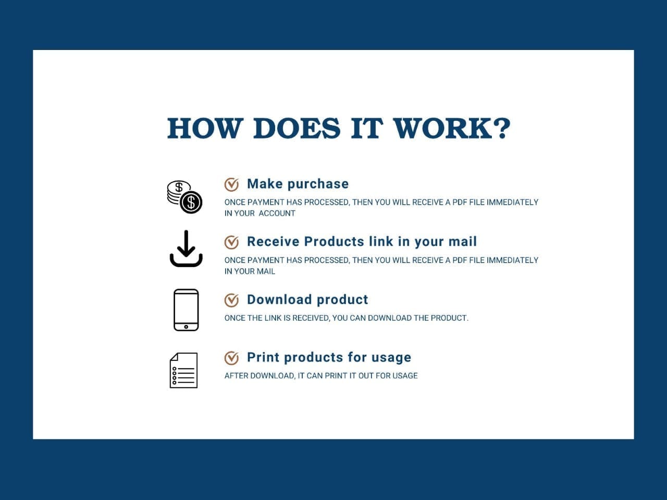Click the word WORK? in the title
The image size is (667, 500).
point(452,129)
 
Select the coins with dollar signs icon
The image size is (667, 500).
point(184,197)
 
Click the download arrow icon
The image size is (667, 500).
point(186,248)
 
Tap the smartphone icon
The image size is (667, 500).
point(186,310)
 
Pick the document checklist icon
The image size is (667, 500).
point(183,370)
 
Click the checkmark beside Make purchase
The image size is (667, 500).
point(231,184)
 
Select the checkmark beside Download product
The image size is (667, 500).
point(231,300)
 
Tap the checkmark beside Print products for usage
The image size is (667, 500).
point(231,358)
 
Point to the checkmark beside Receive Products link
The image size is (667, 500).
point(231,242)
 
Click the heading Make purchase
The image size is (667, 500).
point(298,184)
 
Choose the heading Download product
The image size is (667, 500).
point(307,299)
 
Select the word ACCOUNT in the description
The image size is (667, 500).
point(277,214)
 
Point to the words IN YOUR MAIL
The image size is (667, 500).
point(250,271)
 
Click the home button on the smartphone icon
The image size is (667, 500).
point(186,327)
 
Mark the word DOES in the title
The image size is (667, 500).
point(297,129)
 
